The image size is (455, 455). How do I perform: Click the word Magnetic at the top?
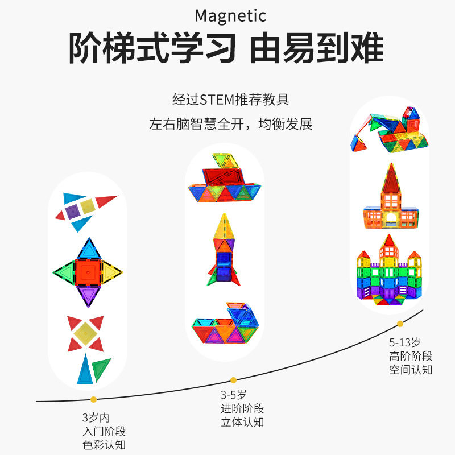[x=230, y=15]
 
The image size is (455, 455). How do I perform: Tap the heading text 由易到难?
[x=317, y=49]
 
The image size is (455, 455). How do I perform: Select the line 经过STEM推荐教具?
[x=230, y=100]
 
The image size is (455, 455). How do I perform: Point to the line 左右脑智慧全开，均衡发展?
[x=230, y=124]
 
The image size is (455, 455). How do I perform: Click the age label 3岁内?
[x=94, y=416]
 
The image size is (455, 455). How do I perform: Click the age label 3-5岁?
[x=233, y=395]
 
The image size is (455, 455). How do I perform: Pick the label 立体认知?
[x=242, y=422]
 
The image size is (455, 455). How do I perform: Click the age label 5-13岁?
[x=405, y=343]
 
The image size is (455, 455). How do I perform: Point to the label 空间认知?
[x=411, y=370]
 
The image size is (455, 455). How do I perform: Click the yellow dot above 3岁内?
[x=93, y=399]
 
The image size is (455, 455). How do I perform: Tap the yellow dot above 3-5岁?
[x=233, y=380]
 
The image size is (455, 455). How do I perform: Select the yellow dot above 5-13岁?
[x=400, y=324]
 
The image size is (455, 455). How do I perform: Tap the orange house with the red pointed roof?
[x=390, y=199]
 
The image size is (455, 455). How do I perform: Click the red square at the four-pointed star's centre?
[x=88, y=271]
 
